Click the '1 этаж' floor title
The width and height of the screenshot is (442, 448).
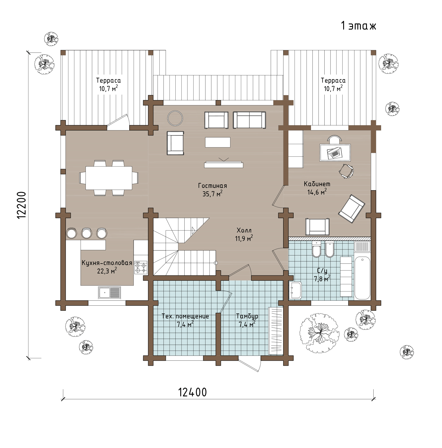point(359,26)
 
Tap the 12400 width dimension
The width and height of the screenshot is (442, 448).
point(192,392)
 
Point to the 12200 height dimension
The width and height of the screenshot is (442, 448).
point(22,205)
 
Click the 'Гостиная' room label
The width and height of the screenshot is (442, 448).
point(212,186)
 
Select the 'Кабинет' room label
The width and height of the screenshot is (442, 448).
point(317,184)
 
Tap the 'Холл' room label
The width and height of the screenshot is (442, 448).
point(244,230)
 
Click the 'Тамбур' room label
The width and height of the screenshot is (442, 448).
point(247,316)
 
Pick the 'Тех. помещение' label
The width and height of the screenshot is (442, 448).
point(185,316)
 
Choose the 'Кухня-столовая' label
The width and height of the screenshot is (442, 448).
point(107,263)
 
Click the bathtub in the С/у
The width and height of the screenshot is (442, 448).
point(362,278)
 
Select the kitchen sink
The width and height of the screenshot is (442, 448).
point(109,293)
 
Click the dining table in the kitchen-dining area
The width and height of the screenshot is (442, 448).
point(109,178)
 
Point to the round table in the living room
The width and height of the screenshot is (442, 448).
point(175,118)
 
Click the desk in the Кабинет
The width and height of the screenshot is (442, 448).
point(335,153)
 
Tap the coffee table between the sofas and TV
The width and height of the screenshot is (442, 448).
point(218,142)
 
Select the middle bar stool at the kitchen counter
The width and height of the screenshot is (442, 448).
point(86,233)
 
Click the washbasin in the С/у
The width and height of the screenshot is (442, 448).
point(295,290)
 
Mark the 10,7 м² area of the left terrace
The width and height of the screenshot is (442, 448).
point(108,88)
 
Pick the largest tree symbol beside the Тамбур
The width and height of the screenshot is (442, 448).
point(319,333)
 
